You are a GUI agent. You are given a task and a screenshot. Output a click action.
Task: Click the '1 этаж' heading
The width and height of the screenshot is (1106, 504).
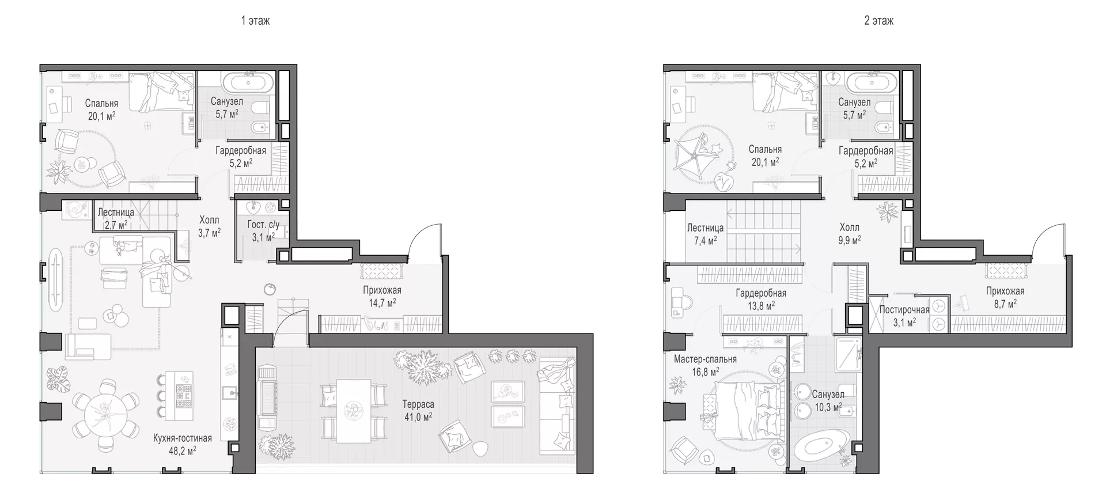click(255, 21)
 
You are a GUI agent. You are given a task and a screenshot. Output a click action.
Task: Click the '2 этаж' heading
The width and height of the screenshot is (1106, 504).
click(879, 21)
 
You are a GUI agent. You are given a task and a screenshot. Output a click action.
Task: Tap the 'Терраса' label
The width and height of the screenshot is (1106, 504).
click(418, 404)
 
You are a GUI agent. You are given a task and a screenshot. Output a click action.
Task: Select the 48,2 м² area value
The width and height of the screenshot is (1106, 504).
click(183, 450)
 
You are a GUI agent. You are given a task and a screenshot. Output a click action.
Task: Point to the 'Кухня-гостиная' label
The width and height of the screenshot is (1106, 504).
click(183, 438)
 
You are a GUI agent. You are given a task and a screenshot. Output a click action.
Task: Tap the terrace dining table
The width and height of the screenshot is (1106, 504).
click(353, 411)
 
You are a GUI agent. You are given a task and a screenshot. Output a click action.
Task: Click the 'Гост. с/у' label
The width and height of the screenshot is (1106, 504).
click(263, 225)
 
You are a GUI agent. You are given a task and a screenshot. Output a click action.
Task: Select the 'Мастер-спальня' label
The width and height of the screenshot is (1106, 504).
click(705, 359)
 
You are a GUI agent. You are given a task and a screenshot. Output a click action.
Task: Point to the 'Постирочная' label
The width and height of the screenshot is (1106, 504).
click(904, 310)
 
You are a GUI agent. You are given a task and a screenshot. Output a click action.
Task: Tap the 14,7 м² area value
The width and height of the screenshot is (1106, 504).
click(382, 302)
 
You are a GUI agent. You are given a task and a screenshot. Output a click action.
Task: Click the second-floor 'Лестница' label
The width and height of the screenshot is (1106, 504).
click(705, 228)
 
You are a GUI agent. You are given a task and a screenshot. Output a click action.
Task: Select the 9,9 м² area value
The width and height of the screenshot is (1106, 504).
click(849, 240)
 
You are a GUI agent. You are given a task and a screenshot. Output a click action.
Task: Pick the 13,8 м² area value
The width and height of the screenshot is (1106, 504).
click(761, 306)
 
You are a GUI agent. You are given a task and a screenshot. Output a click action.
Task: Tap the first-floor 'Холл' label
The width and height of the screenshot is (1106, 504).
click(209, 219)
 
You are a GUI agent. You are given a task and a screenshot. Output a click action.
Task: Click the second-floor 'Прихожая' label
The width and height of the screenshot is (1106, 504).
click(1005, 291)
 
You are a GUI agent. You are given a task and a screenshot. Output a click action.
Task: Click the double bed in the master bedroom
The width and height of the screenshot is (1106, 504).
click(743, 412)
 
